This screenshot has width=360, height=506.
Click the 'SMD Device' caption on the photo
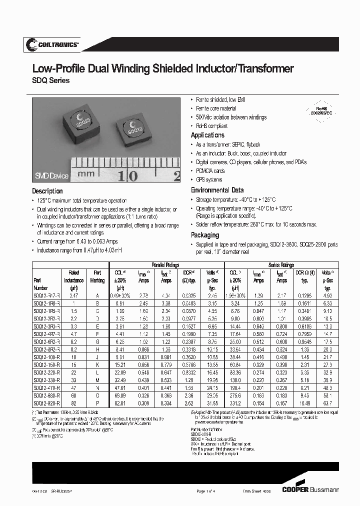coord(51,176)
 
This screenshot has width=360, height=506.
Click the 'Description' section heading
coord(47,191)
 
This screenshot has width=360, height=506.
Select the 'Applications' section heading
coord(207,135)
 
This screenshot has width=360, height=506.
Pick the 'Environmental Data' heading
coord(217,190)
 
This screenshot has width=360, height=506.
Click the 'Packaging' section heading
coord(205,234)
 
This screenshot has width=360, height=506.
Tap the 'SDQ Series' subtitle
coord(51,81)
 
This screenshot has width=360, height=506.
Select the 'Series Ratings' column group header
coord(281,264)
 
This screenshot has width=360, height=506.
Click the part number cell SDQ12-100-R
coord(46,357)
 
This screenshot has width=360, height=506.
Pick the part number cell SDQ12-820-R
coord(46,402)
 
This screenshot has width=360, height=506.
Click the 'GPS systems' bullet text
coord(208,179)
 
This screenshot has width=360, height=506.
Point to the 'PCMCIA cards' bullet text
coord(210,171)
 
